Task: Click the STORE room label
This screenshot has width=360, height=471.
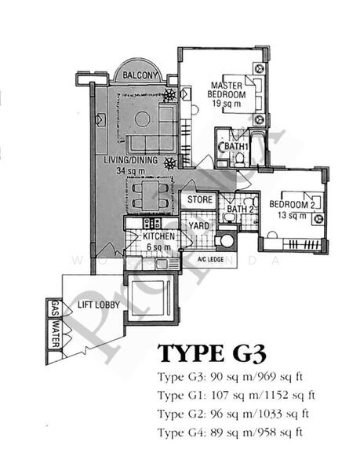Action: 199,199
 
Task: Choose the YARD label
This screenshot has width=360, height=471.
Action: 198,228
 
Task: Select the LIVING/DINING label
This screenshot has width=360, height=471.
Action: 132,160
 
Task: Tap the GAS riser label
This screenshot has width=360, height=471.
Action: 55,308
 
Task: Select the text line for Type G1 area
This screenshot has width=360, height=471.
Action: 234,393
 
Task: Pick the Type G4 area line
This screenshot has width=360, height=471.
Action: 230,433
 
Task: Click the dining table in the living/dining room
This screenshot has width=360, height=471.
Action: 149,194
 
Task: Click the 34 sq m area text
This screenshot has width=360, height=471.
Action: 132,171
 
